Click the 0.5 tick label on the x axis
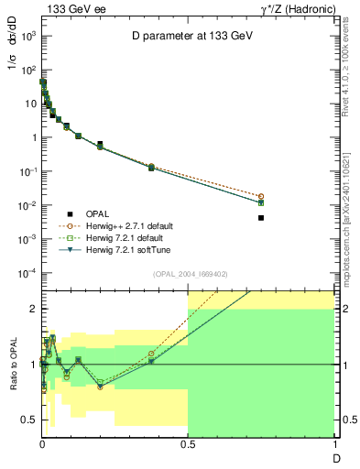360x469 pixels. point(188,442)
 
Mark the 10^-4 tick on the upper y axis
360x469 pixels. point(27,273)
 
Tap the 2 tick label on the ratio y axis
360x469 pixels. point(31,309)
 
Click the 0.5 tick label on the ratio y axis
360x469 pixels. point(27,420)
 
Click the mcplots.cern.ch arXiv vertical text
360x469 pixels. point(351,211)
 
